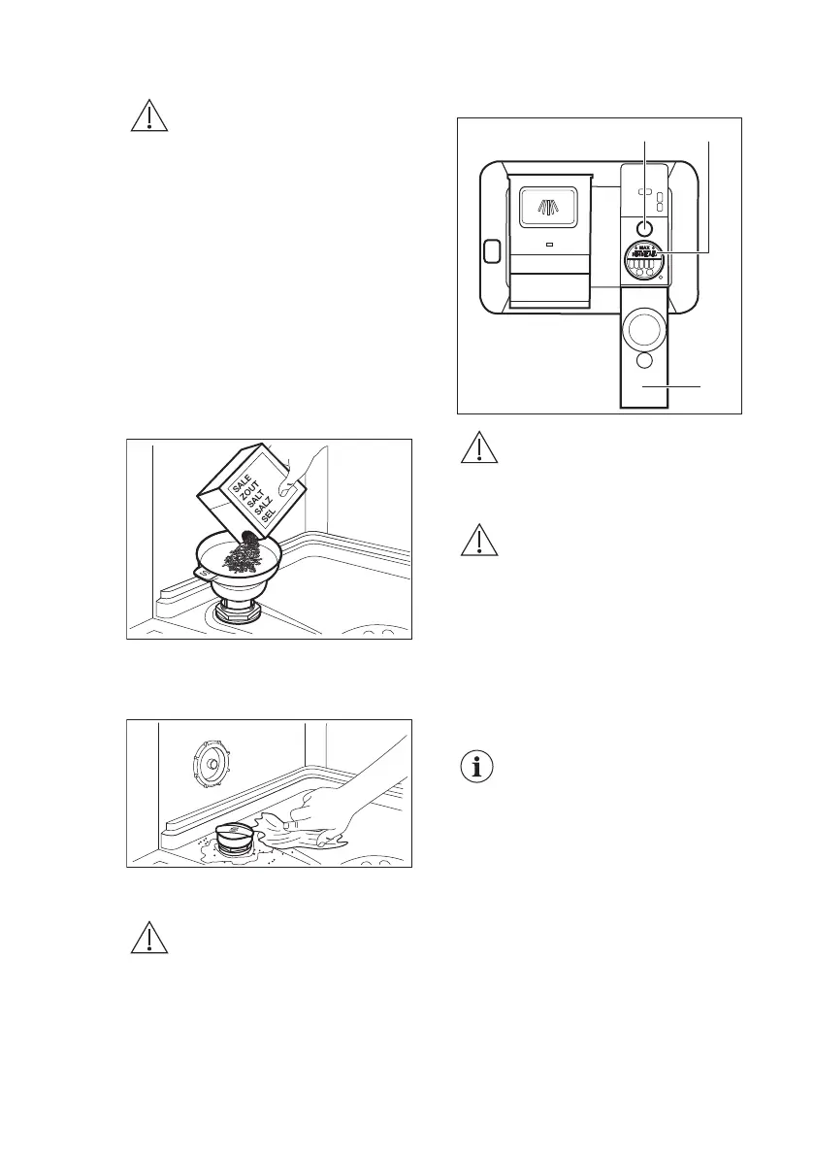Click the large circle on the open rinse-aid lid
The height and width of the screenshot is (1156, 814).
(644, 330)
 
